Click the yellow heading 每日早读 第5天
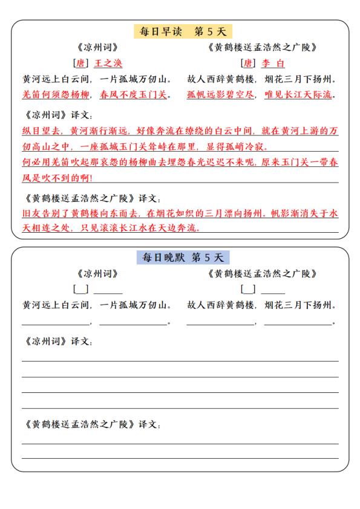click(x=180, y=31)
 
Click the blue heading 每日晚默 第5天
click(x=180, y=258)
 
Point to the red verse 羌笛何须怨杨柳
click(x=56, y=94)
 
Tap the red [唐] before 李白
click(x=247, y=63)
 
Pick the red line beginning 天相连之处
click(x=111, y=229)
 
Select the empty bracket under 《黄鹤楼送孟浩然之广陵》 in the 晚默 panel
click(x=248, y=290)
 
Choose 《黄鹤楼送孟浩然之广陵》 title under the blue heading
click(x=261, y=274)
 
